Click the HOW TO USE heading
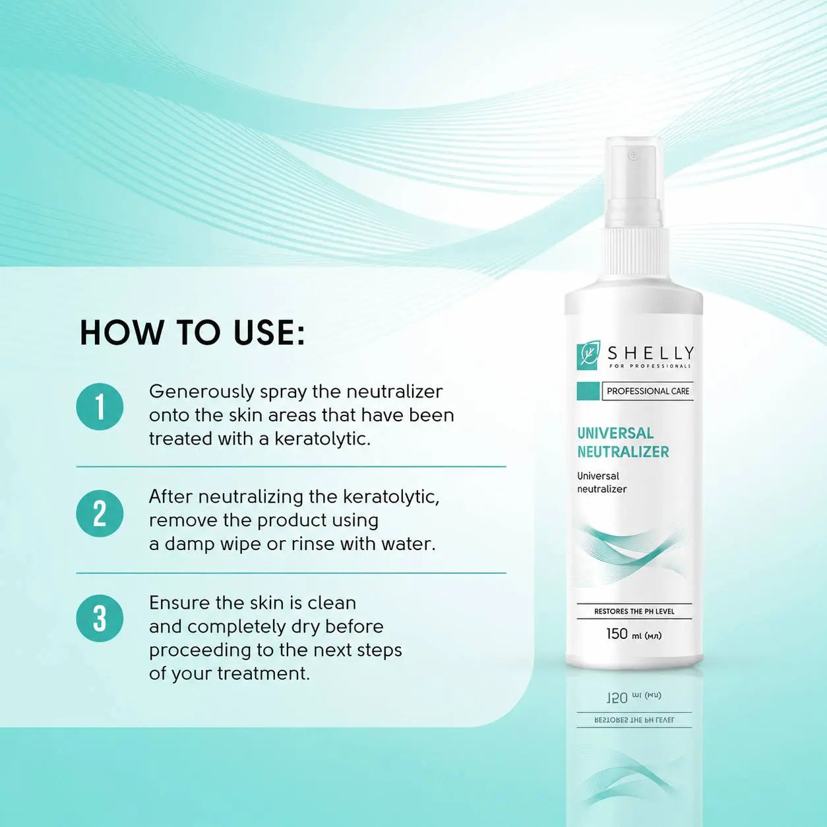pos(193,332)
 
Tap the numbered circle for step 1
pos(100,407)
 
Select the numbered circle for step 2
pos(100,514)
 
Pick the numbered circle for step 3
pos(100,619)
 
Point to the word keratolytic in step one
pos(322,439)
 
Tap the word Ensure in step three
pos(179,603)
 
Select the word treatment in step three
pos(263,673)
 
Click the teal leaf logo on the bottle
pos(588,357)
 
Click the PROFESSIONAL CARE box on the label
pos(648,391)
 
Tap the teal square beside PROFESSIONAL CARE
pos(588,391)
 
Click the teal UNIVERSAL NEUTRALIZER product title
pos(623,443)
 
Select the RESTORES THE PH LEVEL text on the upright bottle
pos(634,611)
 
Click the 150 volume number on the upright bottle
pos(617,634)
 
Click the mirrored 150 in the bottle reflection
pos(617,698)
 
